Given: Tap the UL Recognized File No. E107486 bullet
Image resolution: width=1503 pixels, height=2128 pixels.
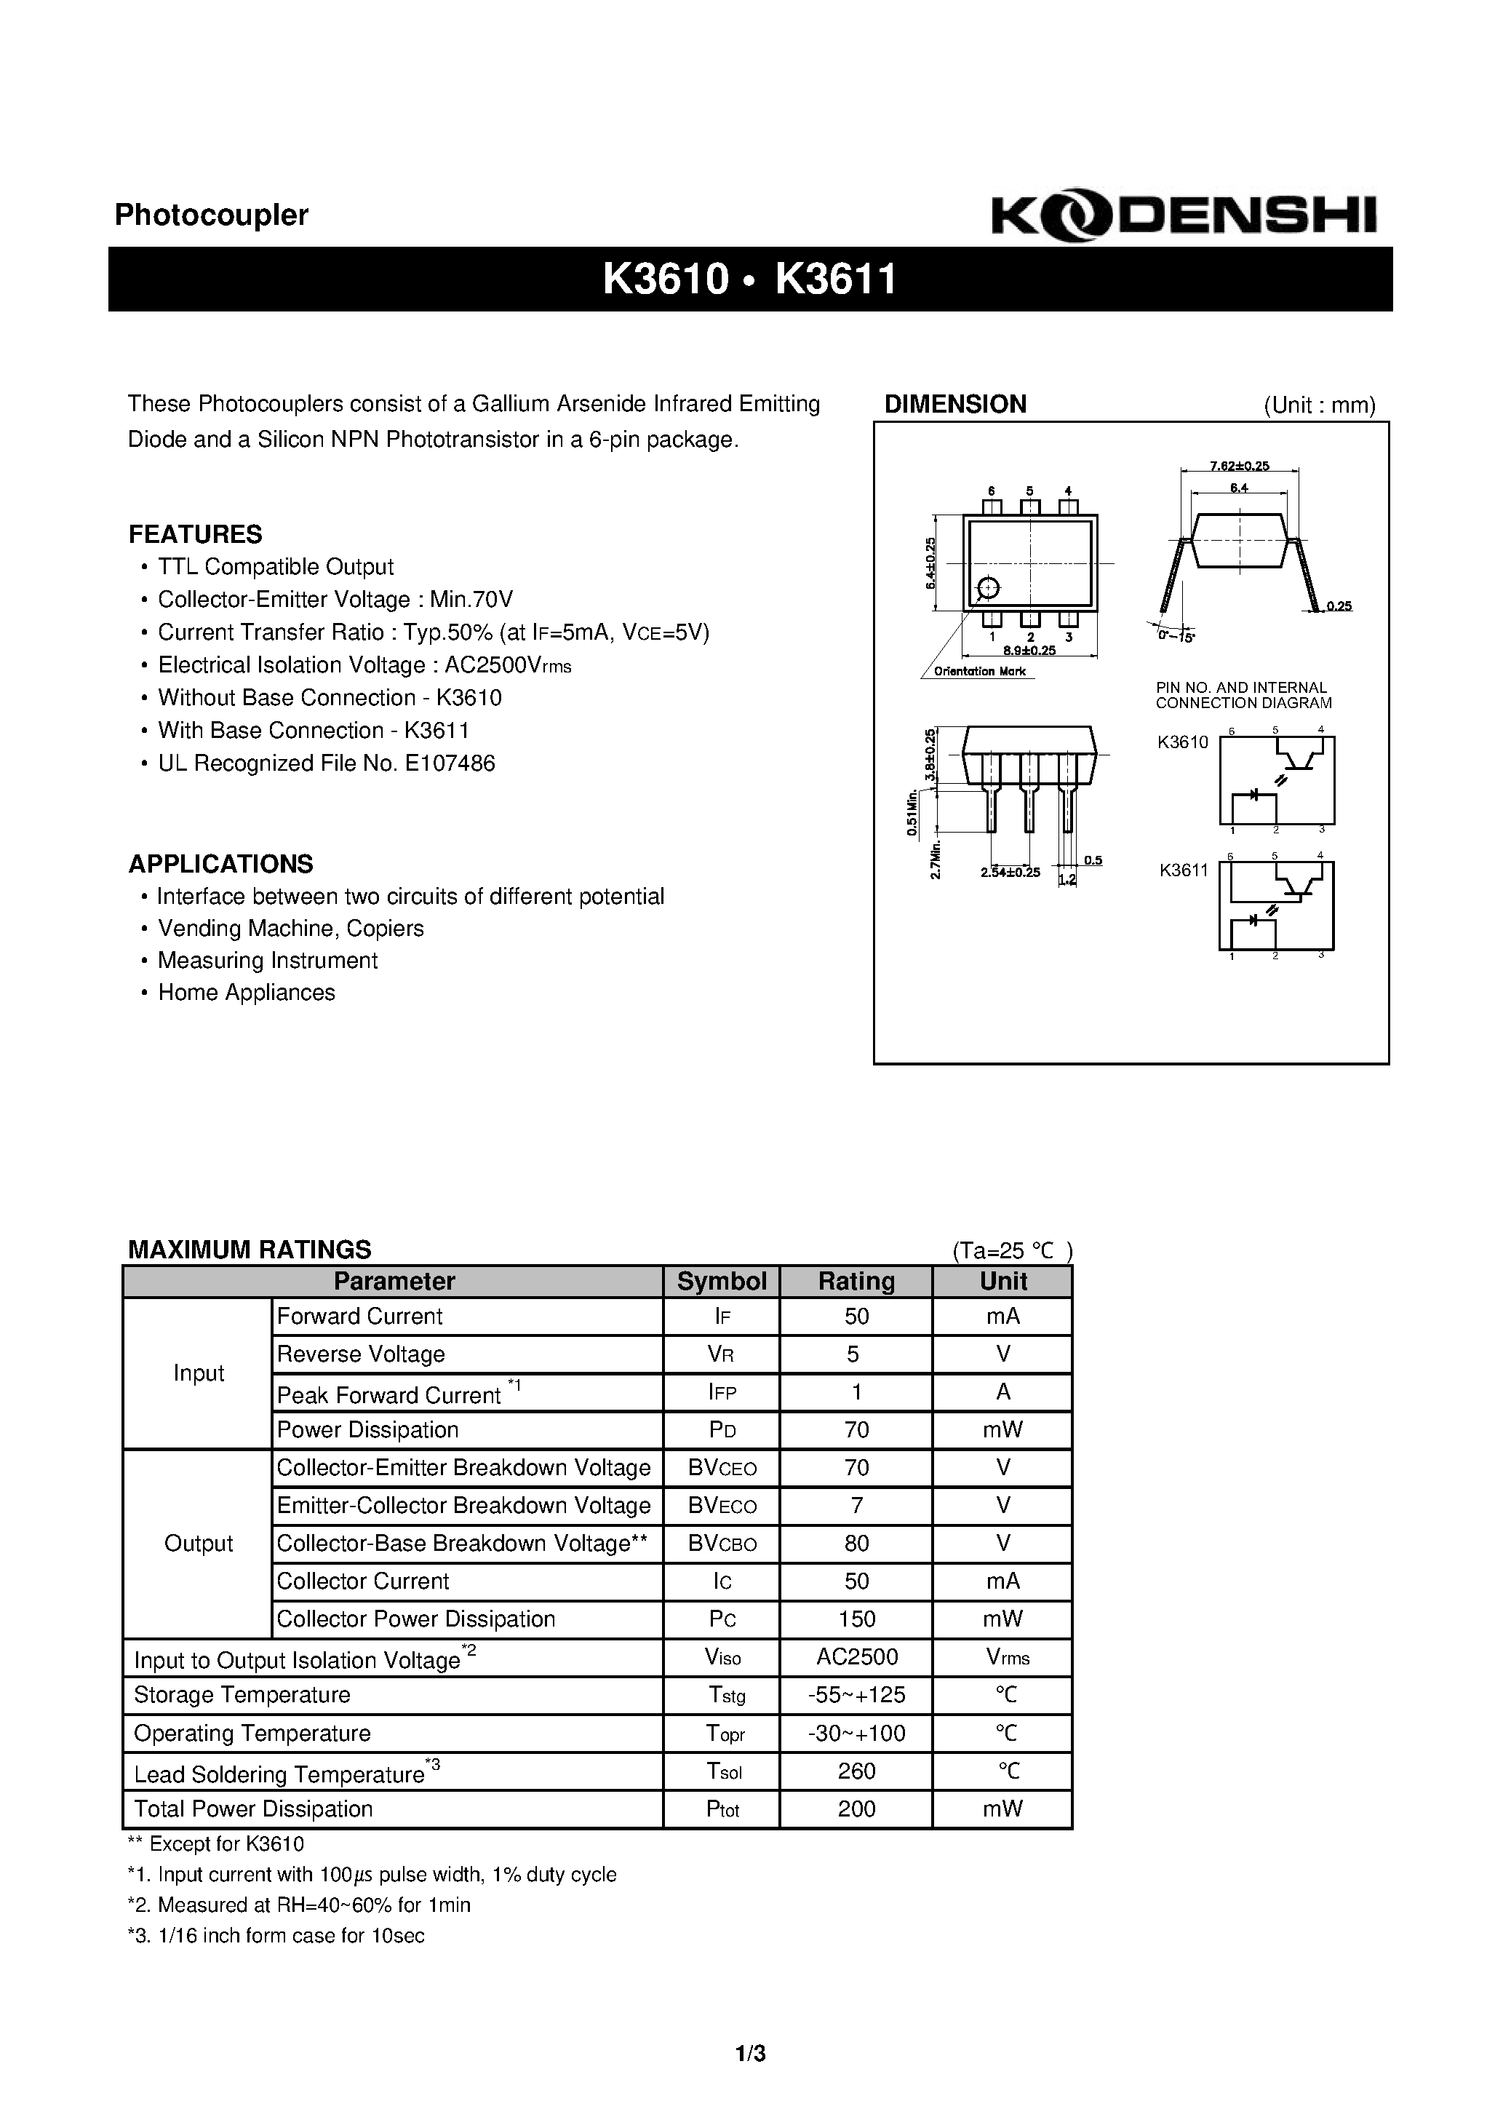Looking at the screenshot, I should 326,763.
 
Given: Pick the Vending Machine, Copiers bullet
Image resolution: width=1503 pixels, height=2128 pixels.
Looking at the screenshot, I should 290,928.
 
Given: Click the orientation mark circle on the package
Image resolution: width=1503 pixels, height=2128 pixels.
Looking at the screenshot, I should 989,589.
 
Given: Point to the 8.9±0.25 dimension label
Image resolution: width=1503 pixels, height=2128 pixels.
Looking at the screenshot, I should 1029,651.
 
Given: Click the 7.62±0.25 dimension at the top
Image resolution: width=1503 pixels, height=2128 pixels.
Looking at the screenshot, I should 1239,467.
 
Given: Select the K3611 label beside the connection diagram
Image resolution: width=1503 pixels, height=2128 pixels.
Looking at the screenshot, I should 1184,870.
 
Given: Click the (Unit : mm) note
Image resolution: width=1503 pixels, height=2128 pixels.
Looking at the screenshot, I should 1319,405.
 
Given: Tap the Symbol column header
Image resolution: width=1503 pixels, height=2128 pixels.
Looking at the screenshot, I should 721,1281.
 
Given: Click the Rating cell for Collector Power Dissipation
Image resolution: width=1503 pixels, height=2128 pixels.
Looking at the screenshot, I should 856,1619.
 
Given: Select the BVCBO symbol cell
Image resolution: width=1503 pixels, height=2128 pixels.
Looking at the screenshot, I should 721,1543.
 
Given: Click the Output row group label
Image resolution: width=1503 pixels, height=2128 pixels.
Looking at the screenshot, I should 197,1543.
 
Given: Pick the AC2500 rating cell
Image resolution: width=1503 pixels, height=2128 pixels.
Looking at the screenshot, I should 856,1656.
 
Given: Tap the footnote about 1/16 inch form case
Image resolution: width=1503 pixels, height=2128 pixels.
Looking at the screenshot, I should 276,1935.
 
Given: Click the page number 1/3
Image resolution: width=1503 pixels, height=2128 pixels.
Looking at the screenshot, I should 751,2053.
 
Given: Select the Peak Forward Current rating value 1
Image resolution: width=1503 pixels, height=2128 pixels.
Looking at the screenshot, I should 856,1391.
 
